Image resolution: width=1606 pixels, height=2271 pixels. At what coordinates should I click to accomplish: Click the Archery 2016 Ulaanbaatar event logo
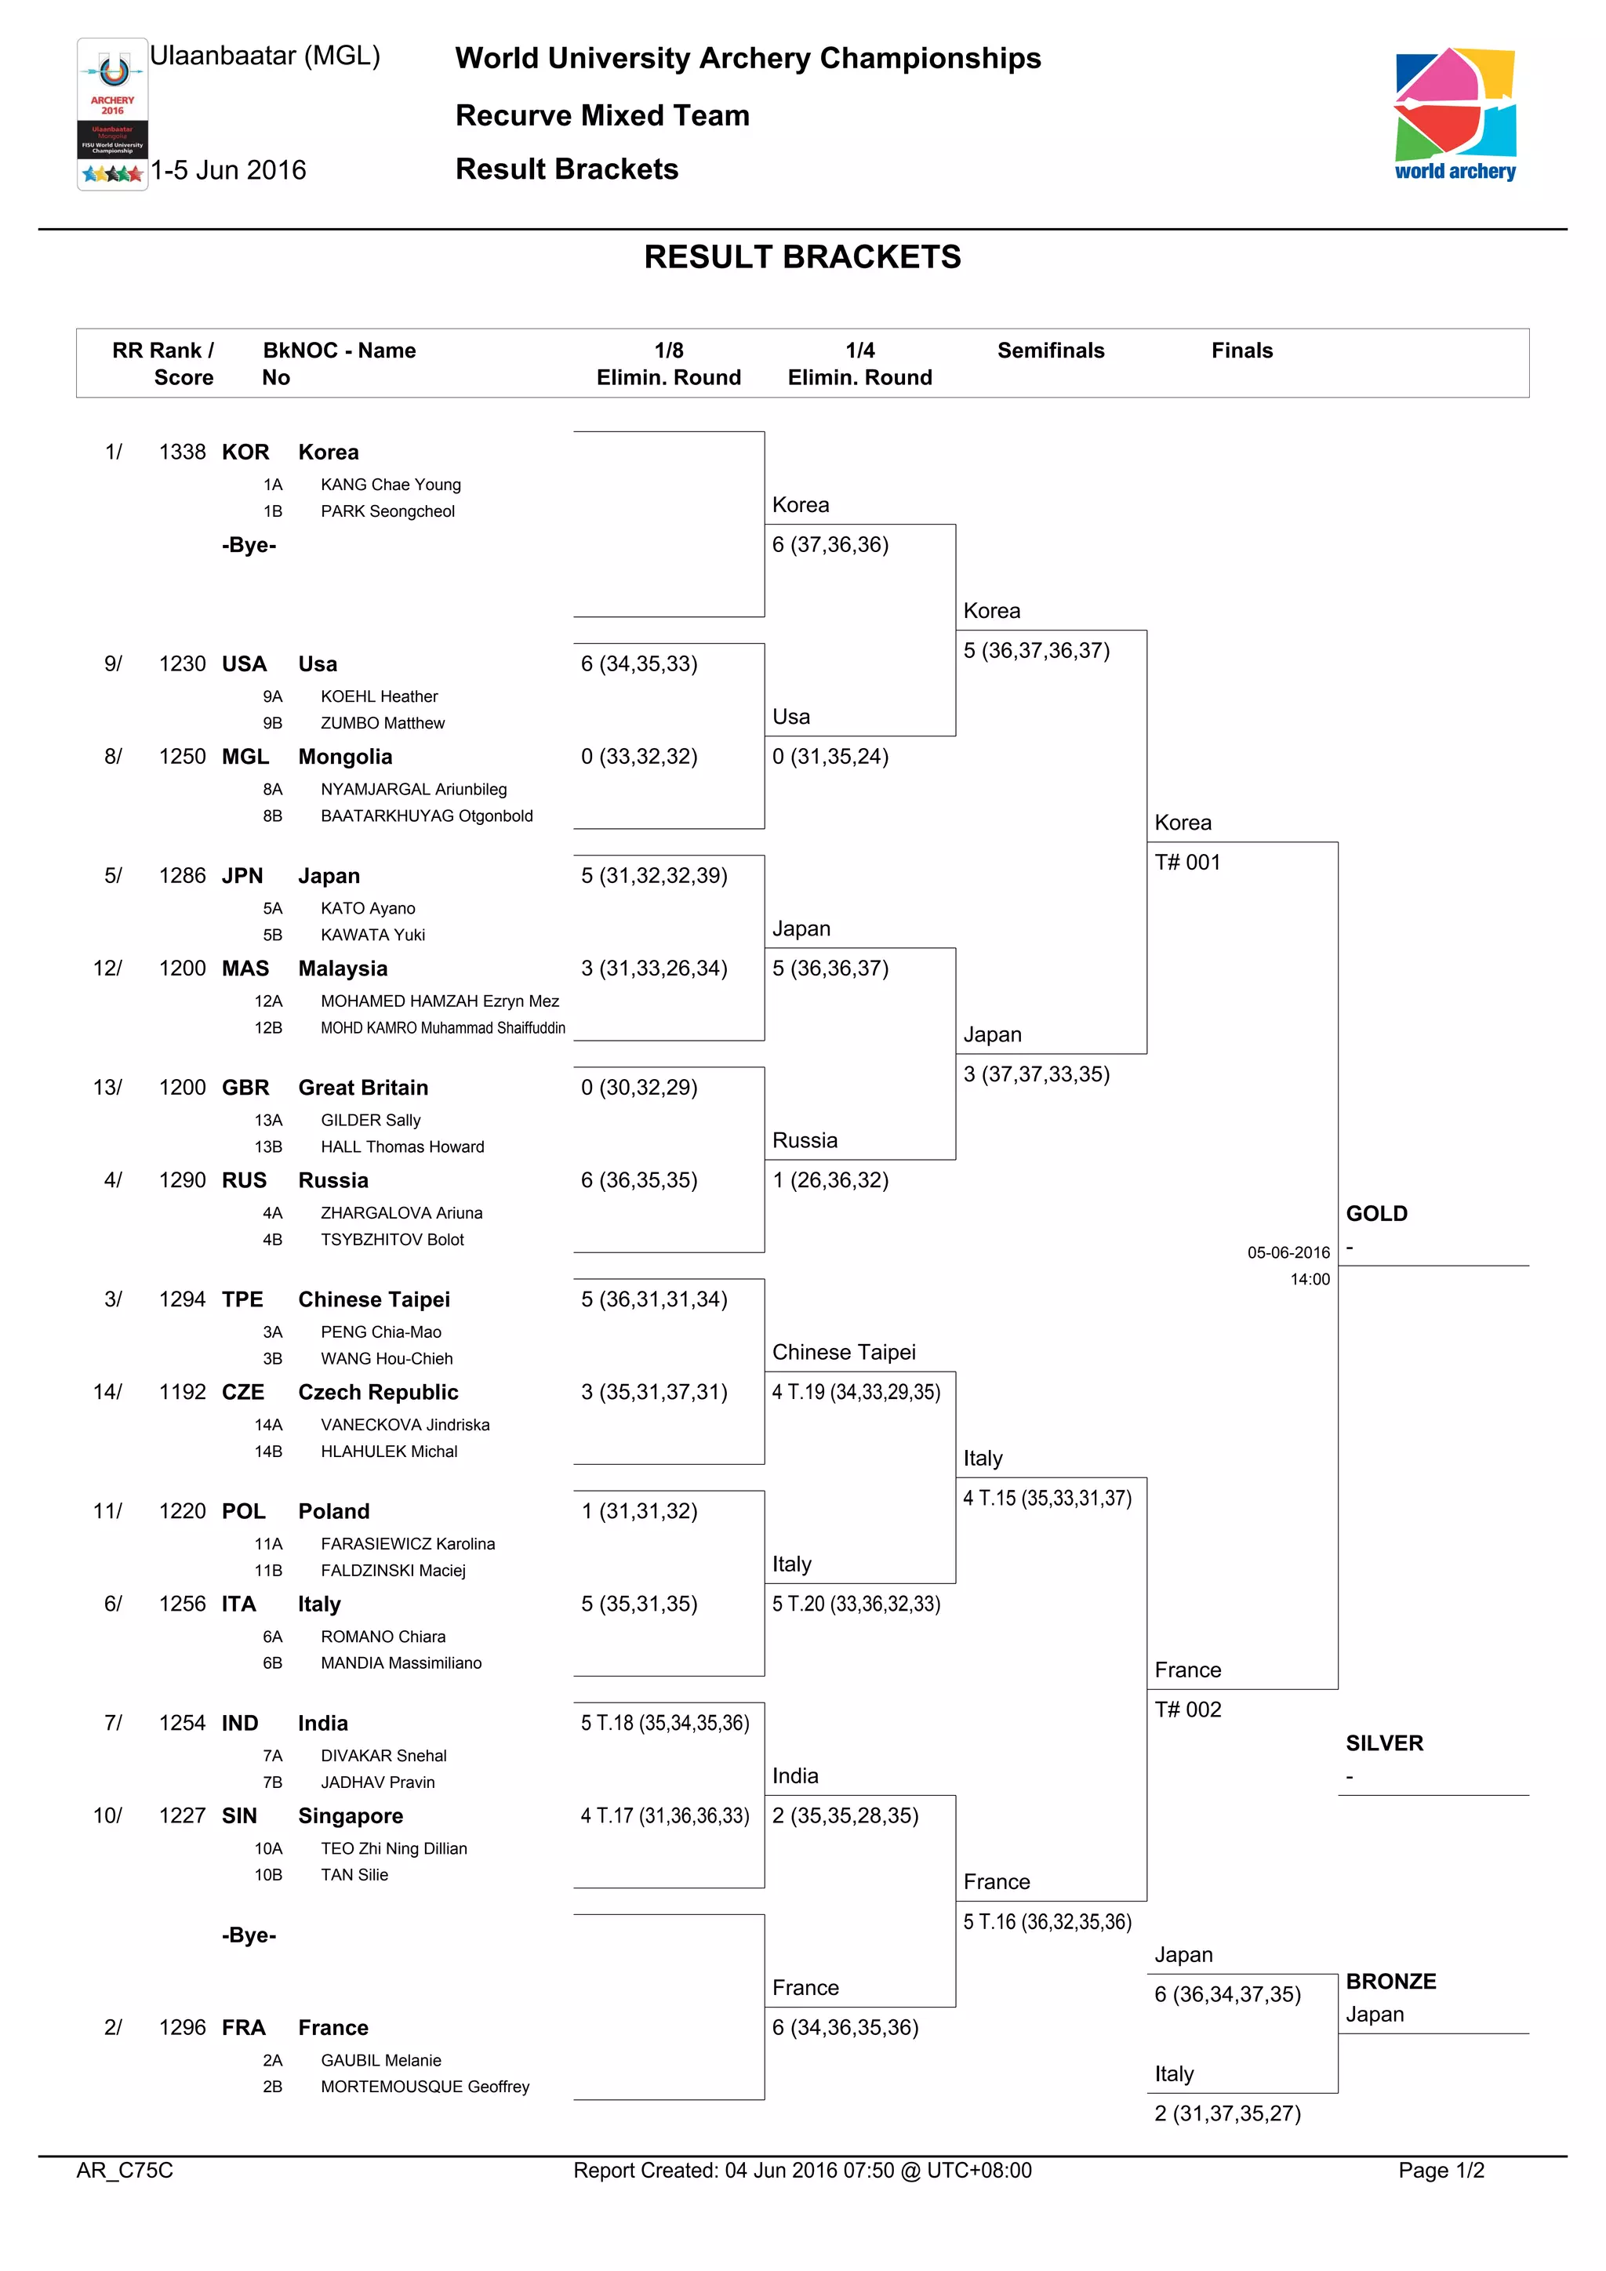(113, 114)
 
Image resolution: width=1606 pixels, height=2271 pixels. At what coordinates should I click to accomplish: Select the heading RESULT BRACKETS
(802, 257)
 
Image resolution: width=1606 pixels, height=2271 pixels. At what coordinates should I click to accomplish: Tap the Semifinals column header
(1050, 351)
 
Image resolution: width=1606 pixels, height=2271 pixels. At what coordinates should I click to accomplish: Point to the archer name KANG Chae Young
(391, 485)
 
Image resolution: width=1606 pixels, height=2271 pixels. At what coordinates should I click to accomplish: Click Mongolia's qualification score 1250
(182, 757)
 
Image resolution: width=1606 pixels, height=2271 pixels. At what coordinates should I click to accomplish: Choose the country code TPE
(242, 1299)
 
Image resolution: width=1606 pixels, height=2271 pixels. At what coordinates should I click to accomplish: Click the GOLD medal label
(1376, 1214)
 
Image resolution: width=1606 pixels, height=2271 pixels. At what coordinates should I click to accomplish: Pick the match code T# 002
(1188, 1710)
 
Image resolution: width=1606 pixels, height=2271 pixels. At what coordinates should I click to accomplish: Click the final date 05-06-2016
(1288, 1252)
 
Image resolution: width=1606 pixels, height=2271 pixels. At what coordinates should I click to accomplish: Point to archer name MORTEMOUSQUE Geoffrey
(425, 2086)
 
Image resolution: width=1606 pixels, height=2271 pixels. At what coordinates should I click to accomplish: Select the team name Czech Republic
(379, 1392)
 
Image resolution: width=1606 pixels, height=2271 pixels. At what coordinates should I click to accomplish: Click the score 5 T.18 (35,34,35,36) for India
(664, 1723)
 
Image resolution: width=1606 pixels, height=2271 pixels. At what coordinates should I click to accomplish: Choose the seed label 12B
(268, 1028)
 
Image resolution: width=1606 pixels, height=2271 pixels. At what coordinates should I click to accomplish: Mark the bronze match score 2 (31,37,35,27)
(1227, 2113)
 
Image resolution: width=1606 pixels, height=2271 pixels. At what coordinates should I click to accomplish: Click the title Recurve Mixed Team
(602, 116)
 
